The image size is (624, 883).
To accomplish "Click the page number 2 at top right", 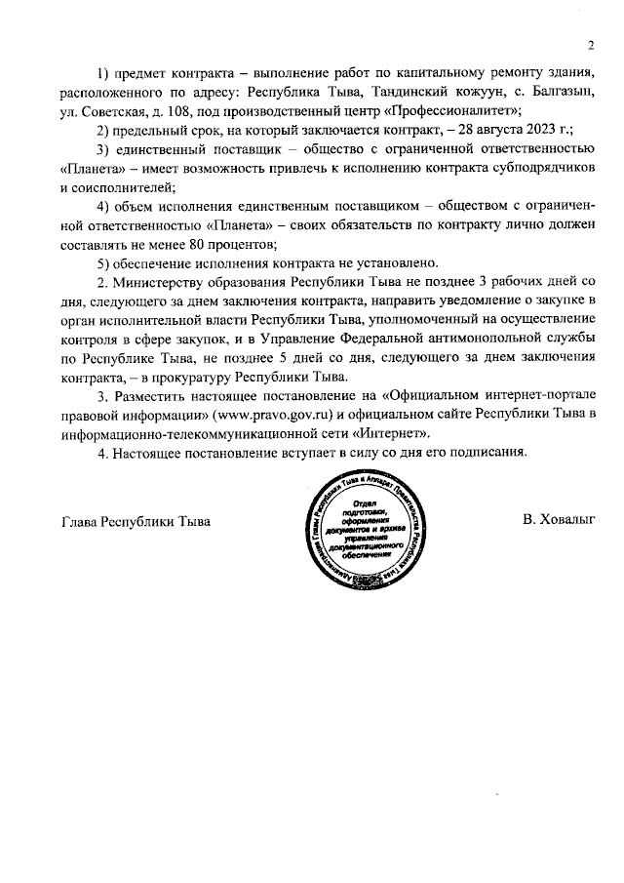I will (x=591, y=46).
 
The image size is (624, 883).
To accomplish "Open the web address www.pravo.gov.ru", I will (x=279, y=414).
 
